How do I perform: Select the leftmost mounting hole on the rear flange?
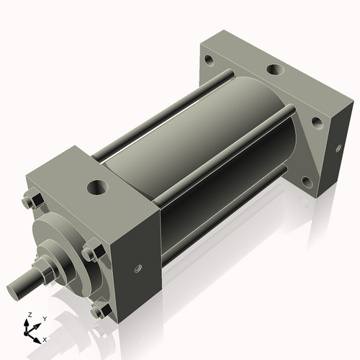point(208,60)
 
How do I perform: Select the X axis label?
point(45,338)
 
